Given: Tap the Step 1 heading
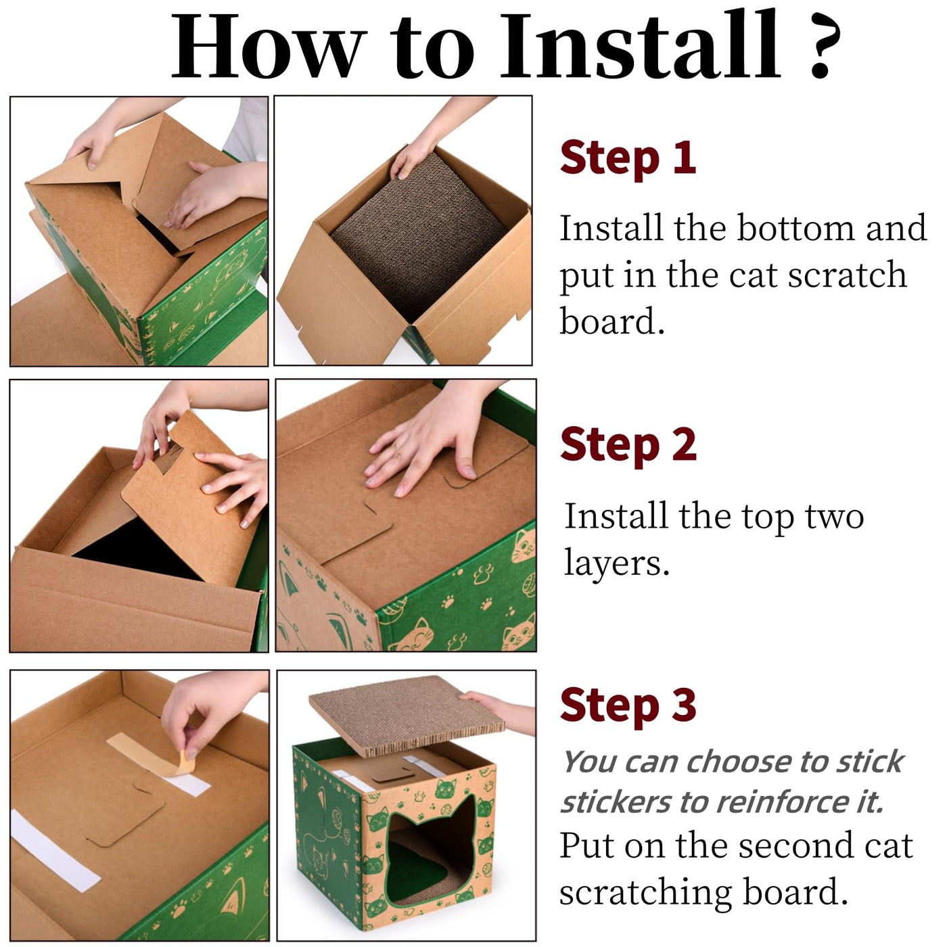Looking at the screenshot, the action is coord(628,158).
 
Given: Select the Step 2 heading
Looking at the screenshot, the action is coord(628,445).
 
